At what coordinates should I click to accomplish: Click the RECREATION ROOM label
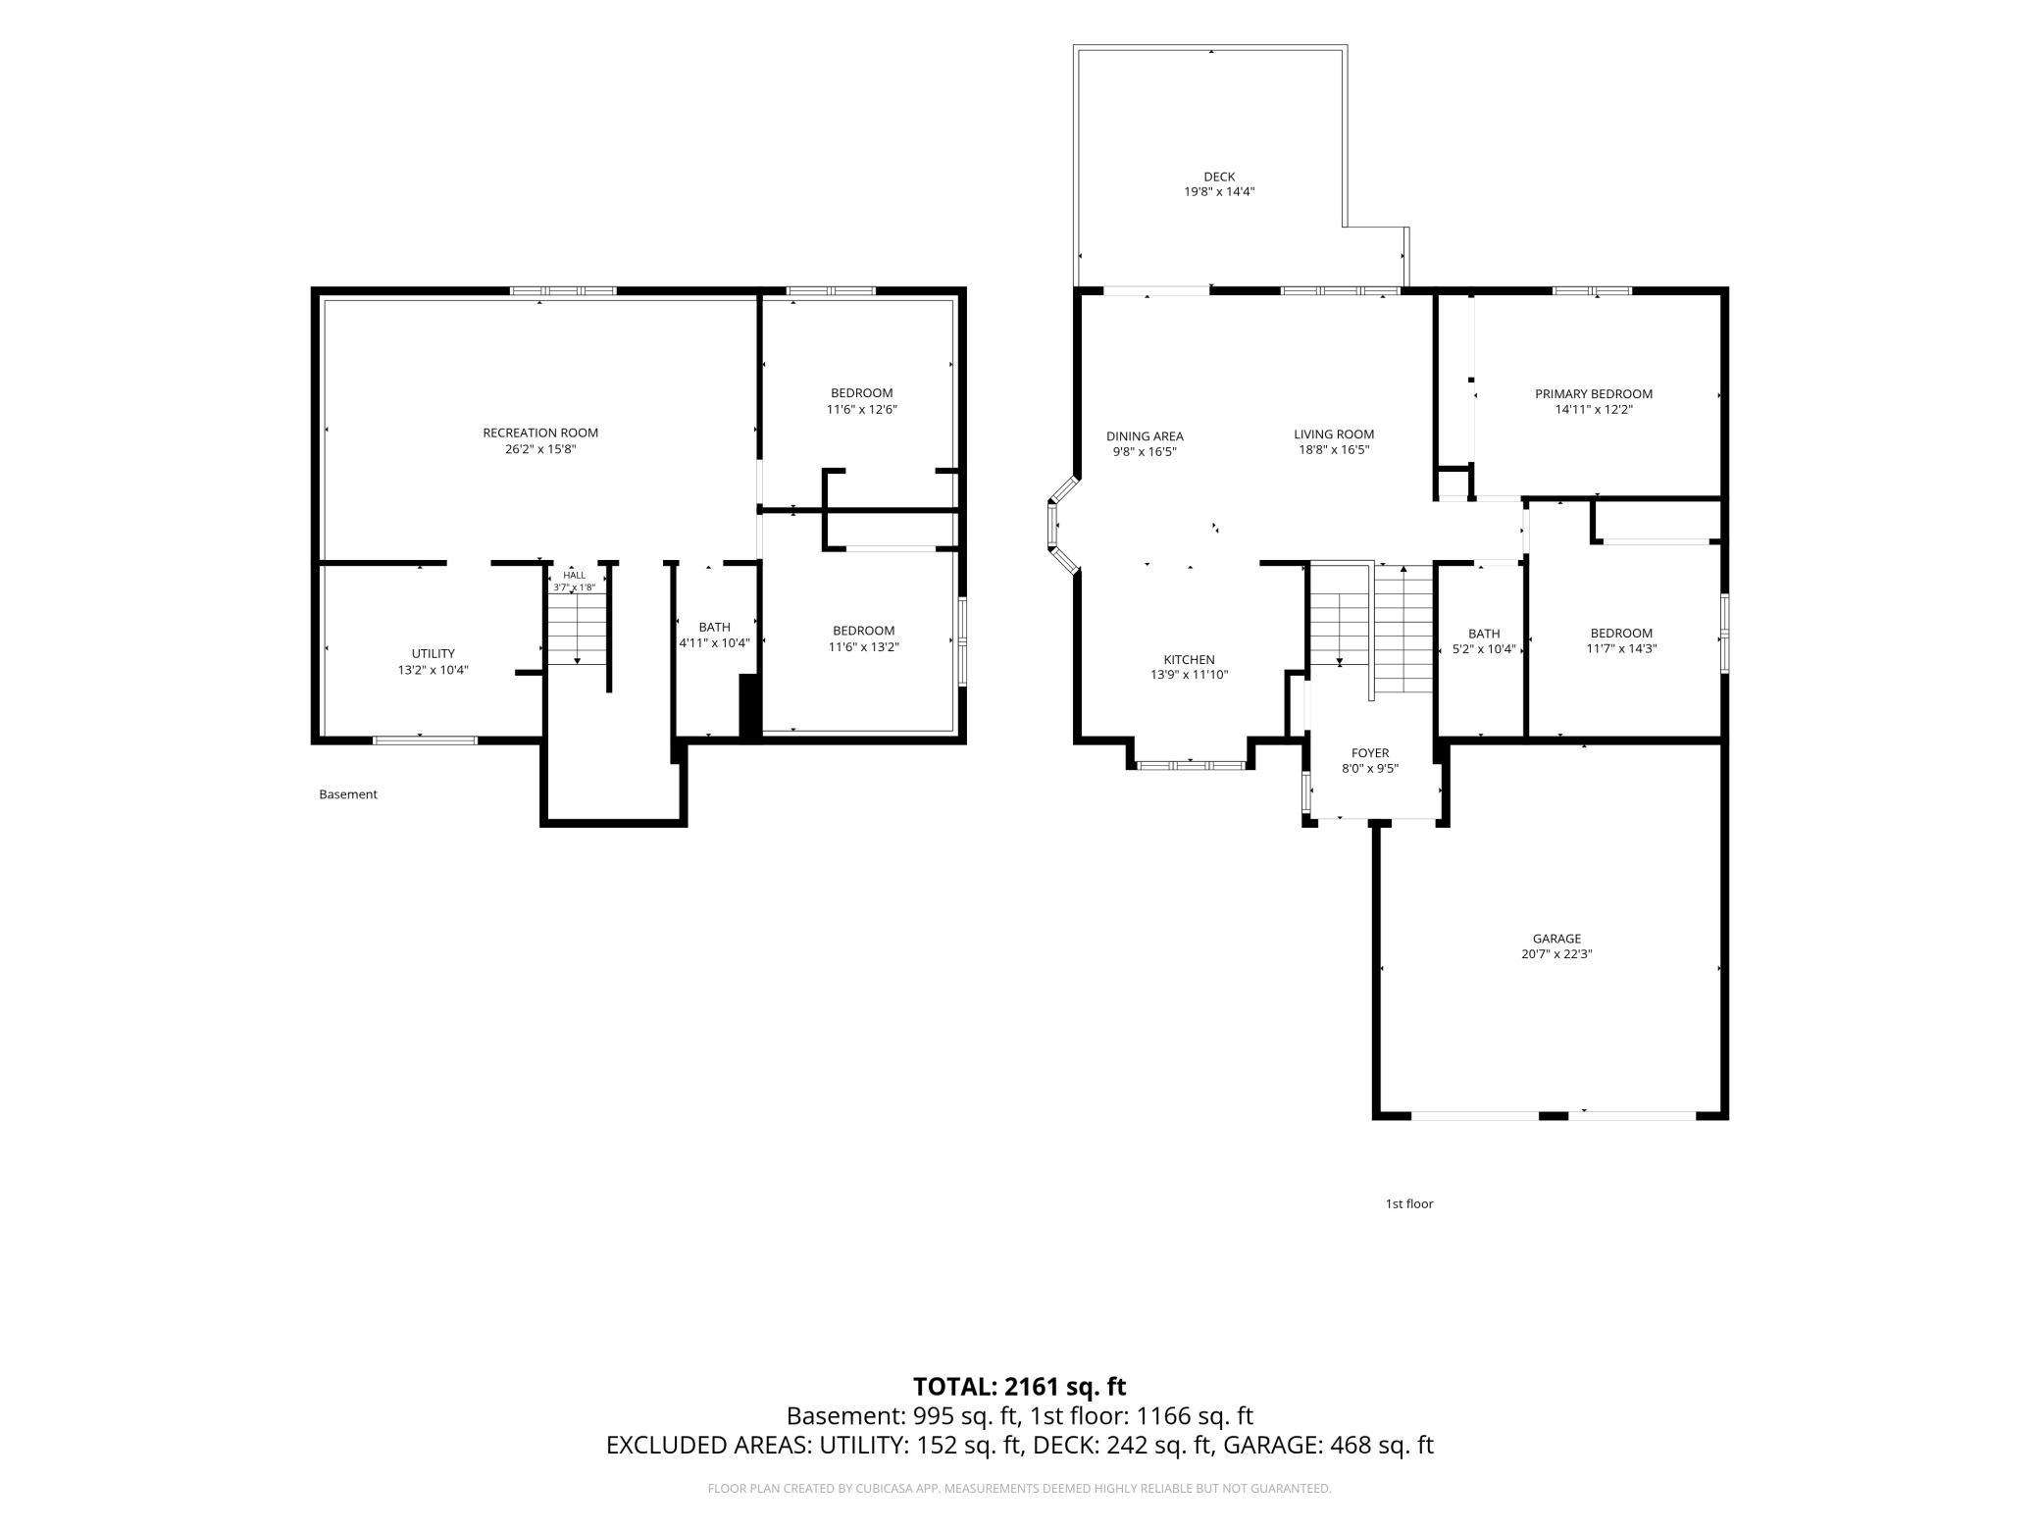click(540, 433)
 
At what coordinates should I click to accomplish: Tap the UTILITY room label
click(433, 654)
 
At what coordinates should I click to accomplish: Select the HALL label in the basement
click(575, 576)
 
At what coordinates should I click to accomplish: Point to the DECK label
click(1219, 178)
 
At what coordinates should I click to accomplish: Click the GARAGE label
click(1556, 939)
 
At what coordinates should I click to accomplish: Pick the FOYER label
click(1370, 753)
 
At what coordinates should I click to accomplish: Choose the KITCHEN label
click(1189, 660)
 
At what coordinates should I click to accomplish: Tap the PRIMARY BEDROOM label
click(1594, 394)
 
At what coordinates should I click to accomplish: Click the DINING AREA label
click(1145, 436)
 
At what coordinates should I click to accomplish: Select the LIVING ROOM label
click(1334, 434)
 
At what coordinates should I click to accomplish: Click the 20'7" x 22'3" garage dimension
click(1556, 954)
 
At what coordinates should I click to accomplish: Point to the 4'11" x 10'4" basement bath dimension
click(714, 643)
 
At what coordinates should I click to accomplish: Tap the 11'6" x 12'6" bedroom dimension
click(862, 410)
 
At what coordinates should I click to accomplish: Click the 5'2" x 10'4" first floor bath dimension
click(1484, 649)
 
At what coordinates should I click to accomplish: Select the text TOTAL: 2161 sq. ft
click(1020, 1387)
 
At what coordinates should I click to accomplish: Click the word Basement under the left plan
click(348, 794)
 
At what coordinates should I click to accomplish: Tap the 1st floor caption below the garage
click(1409, 1203)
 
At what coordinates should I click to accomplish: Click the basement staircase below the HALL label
click(578, 630)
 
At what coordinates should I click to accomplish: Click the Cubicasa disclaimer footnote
click(1020, 1489)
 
